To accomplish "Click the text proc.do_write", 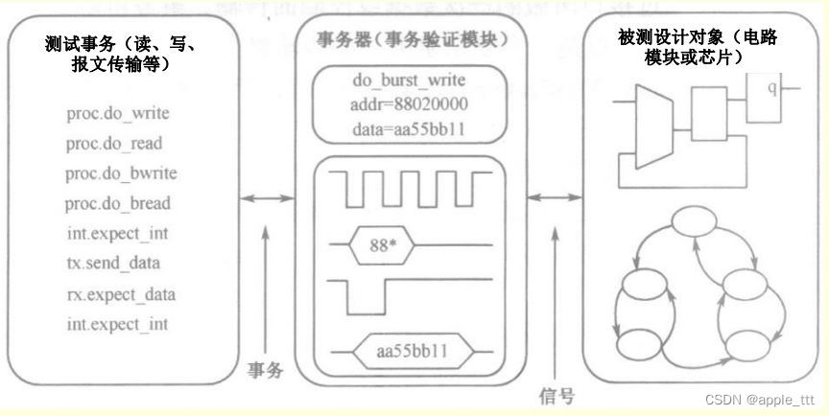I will pos(118,113).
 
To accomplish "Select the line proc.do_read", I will pos(114,143).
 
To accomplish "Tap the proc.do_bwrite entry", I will pos(121,173).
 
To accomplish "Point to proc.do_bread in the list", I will pos(118,203).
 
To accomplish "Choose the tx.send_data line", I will pos(113,263).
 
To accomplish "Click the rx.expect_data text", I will pos(121,293).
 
